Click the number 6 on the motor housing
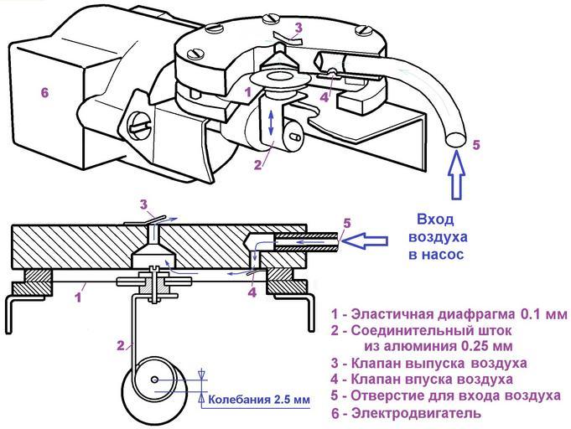point(44,93)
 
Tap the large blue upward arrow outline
point(456,178)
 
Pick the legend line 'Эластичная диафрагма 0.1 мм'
point(449,314)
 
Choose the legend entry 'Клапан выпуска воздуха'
point(428,363)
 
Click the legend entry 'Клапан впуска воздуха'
point(424,379)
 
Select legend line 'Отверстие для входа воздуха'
point(445,395)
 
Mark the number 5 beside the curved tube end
point(476,144)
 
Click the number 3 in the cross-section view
point(143,204)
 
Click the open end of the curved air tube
point(455,138)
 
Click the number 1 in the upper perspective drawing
point(247,87)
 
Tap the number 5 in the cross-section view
point(346,223)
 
